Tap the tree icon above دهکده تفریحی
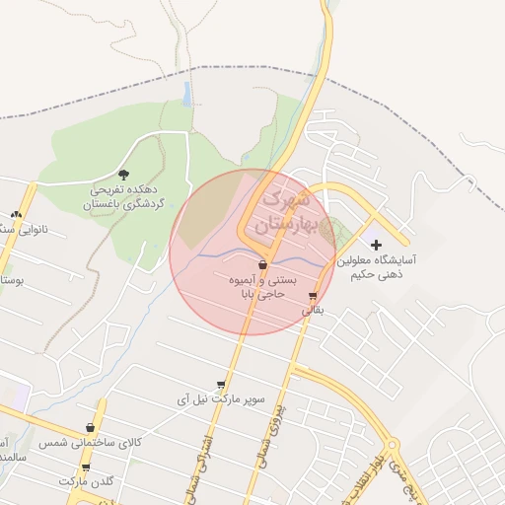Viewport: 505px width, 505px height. tap(122, 174)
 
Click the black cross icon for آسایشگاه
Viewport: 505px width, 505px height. tap(376, 244)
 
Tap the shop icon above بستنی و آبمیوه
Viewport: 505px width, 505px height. tap(262, 265)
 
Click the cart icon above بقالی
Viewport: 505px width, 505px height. tap(313, 296)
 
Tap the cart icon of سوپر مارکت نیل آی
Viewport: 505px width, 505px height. tap(221, 386)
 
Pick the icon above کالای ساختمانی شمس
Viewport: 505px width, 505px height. tap(91, 428)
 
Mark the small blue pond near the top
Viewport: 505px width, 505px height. tap(186, 94)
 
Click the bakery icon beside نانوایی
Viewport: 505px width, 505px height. tap(16, 214)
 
